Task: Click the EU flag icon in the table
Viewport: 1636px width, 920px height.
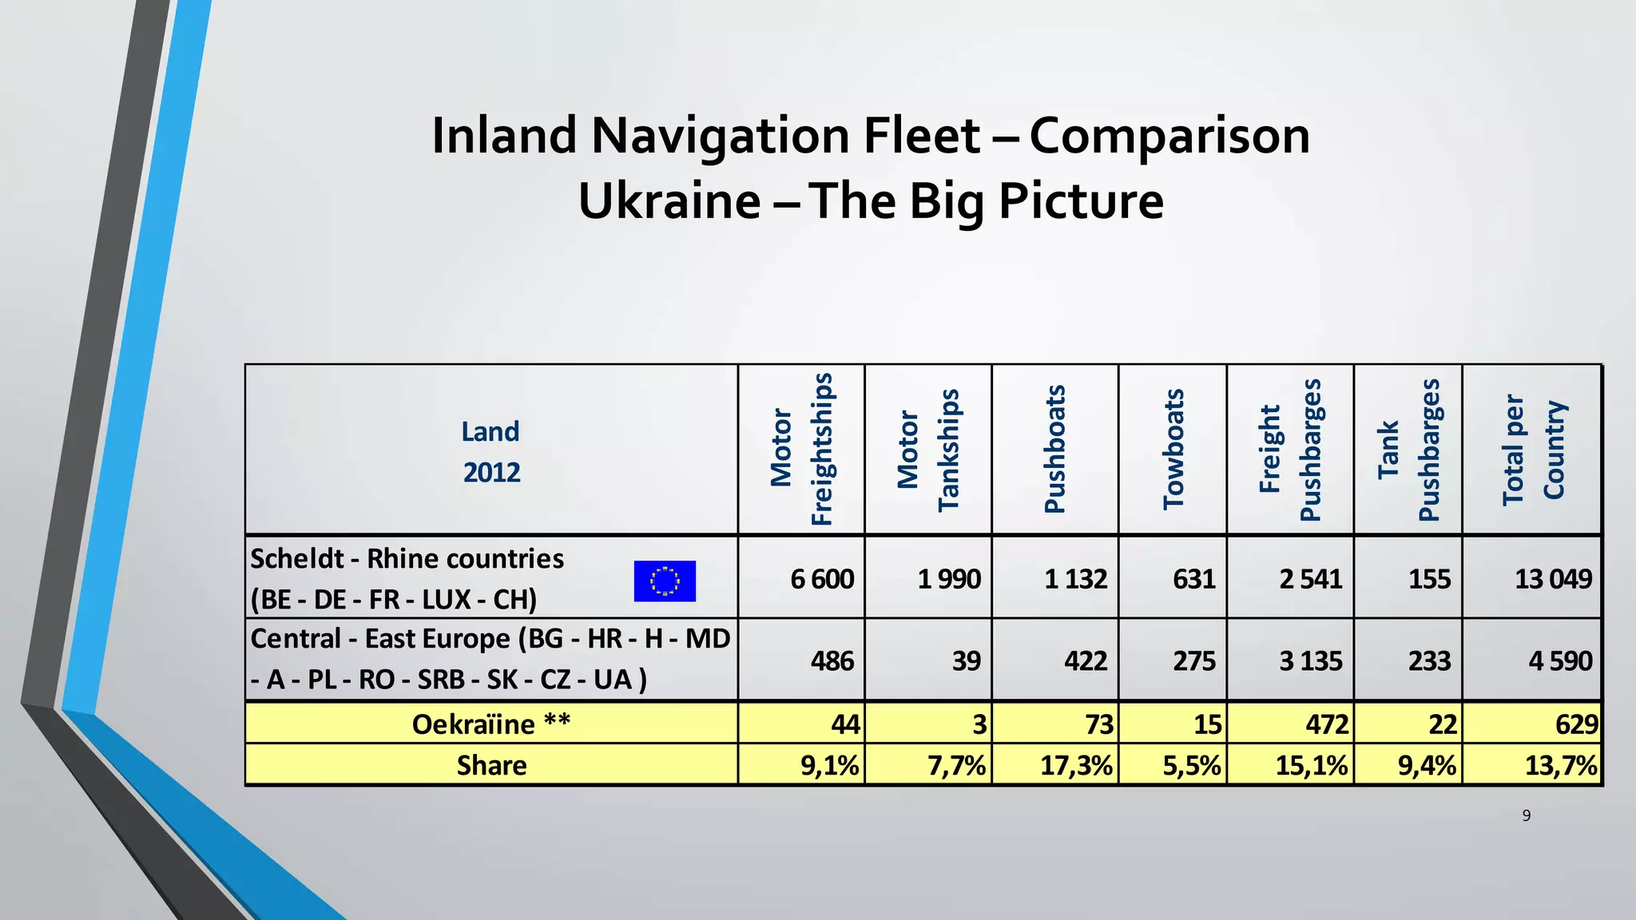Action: click(x=665, y=581)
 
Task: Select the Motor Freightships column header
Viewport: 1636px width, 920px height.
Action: click(x=801, y=450)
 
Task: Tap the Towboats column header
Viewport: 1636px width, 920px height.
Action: click(x=1173, y=450)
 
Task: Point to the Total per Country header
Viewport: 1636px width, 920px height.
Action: click(x=1533, y=450)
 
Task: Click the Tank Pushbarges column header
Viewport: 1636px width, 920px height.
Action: click(x=1408, y=450)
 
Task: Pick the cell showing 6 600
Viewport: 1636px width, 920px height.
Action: click(x=822, y=579)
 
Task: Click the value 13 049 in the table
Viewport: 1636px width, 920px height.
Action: click(x=1553, y=579)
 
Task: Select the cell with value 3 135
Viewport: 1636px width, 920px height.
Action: click(x=1311, y=661)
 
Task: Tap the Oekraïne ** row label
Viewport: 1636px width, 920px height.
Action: click(x=491, y=724)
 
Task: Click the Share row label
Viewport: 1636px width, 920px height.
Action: click(x=491, y=766)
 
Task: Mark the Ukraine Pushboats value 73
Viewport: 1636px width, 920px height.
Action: click(x=1098, y=724)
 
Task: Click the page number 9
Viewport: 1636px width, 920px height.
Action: click(x=1527, y=815)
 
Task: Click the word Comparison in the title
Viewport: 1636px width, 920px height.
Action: click(x=1169, y=136)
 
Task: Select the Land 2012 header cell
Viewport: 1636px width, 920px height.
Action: click(x=491, y=451)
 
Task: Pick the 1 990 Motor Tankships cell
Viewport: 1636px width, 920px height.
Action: click(x=949, y=579)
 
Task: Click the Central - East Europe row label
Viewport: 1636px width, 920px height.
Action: click(x=490, y=659)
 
